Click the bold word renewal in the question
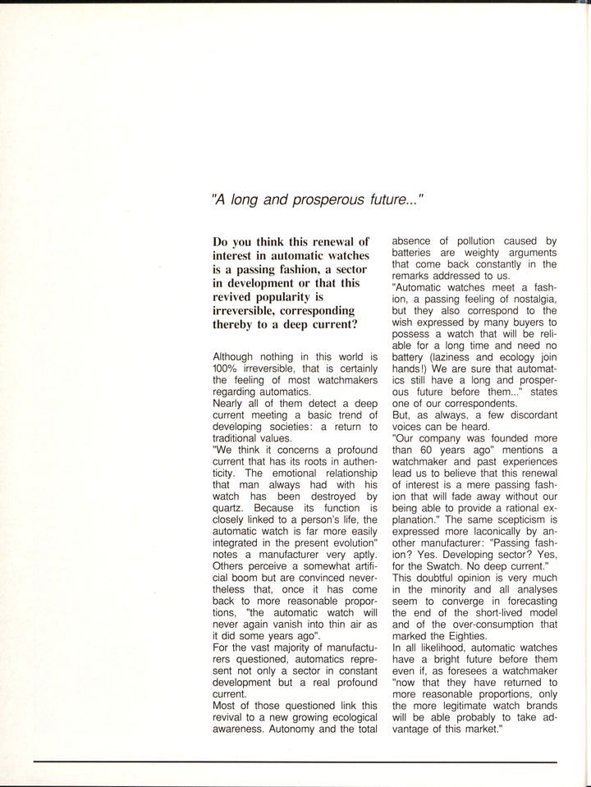[x=328, y=241]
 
